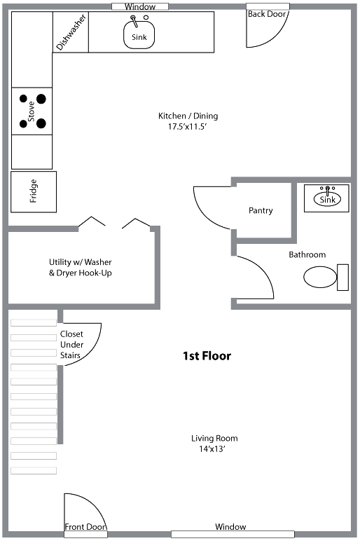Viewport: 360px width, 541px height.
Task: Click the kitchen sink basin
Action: (x=139, y=34)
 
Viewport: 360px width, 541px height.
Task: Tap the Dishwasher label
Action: (x=71, y=32)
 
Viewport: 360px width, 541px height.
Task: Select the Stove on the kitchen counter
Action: (x=32, y=111)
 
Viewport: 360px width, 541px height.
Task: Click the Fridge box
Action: (x=34, y=192)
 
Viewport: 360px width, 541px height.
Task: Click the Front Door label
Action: (x=86, y=526)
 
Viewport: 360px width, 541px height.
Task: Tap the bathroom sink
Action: (x=327, y=198)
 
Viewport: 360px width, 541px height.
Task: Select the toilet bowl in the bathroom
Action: (x=320, y=277)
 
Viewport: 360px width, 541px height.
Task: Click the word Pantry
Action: (x=261, y=210)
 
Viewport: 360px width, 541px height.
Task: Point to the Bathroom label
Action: (x=307, y=254)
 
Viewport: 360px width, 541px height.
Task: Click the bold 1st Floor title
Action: (x=207, y=356)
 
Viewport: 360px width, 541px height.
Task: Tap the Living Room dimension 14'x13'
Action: (x=212, y=449)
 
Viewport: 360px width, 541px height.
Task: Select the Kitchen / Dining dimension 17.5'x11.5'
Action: (x=187, y=127)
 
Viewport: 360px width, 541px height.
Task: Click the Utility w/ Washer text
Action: (x=81, y=262)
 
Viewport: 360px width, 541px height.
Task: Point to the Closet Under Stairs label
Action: (x=71, y=345)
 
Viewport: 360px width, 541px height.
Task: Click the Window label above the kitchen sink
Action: (x=140, y=6)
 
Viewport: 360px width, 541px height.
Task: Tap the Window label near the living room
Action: (x=230, y=526)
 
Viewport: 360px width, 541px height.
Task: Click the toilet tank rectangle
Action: (x=342, y=278)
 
